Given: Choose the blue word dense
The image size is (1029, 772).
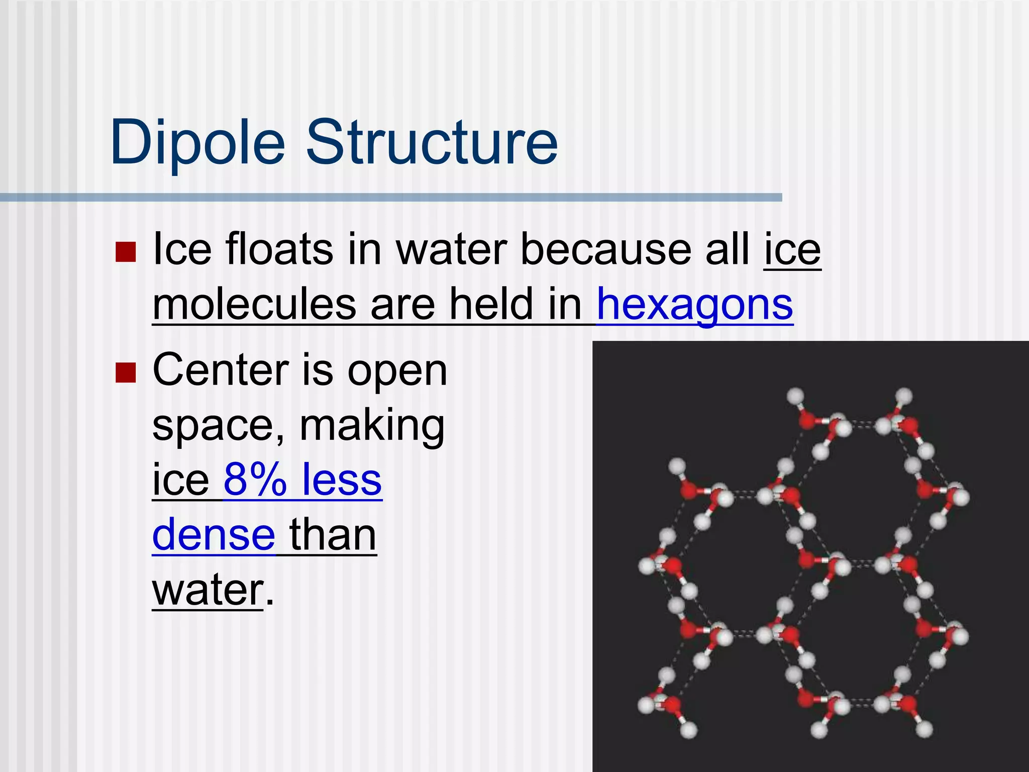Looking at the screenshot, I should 214,534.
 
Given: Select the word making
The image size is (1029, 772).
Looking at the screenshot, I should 372,426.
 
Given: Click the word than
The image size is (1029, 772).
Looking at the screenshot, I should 333,534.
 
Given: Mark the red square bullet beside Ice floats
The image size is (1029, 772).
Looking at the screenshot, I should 126,252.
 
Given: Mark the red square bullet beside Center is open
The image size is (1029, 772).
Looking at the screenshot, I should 126,373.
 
